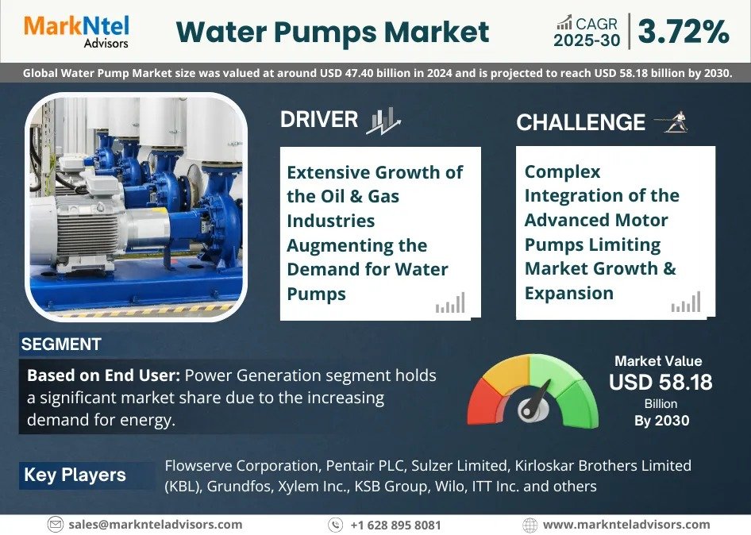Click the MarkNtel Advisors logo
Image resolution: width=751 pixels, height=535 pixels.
tap(76, 31)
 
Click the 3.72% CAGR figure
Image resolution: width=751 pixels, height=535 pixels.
tap(683, 32)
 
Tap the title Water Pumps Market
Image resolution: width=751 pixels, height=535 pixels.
tap(332, 33)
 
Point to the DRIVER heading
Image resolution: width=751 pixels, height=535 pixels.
tap(319, 120)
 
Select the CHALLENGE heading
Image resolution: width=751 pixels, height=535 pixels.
tap(580, 122)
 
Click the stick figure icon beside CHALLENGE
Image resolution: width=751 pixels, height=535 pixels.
tap(672, 121)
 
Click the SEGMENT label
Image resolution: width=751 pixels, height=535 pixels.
tap(61, 344)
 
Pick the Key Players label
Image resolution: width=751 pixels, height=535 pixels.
tap(75, 475)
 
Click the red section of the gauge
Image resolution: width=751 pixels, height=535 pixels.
tap(482, 402)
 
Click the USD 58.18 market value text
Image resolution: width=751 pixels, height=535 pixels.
tap(660, 383)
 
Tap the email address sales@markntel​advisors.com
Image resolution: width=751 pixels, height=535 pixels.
tap(156, 525)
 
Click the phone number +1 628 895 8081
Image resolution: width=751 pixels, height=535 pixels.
tap(395, 525)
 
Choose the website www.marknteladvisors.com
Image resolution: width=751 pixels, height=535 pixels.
tap(626, 525)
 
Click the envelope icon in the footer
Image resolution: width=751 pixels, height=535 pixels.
tap(55, 525)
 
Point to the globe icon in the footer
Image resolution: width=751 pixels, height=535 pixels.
tap(530, 525)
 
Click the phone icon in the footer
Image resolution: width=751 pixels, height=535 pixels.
tap(336, 525)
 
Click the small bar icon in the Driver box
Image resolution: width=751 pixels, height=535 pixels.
tap(449, 303)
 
